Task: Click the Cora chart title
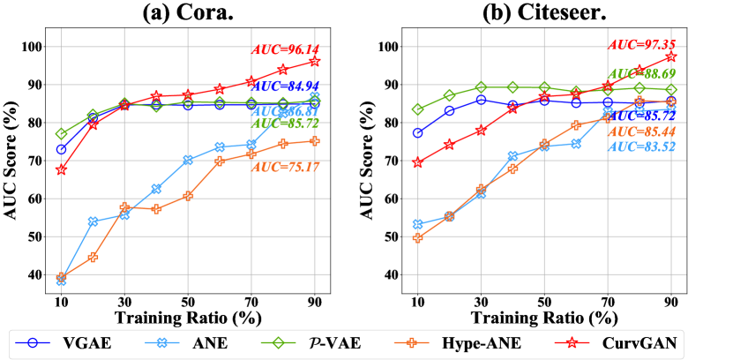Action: (x=187, y=14)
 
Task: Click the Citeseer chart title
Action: (x=544, y=14)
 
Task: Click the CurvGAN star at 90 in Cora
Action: (x=315, y=61)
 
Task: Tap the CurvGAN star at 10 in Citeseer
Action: (x=418, y=162)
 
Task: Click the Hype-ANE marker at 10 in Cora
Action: (x=62, y=277)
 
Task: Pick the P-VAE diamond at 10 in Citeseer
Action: (x=418, y=109)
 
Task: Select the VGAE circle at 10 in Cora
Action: (x=62, y=149)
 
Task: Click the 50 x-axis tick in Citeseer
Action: (x=544, y=300)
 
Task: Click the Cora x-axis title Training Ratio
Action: (x=187, y=315)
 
